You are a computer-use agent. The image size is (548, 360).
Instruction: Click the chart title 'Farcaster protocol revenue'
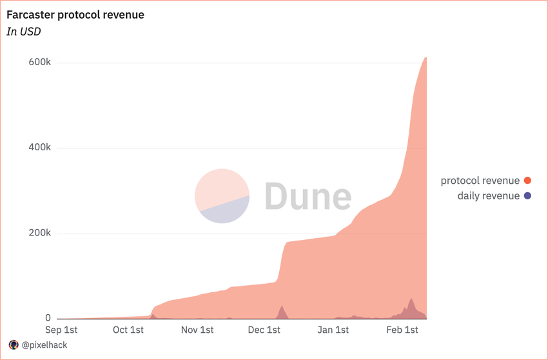(x=75, y=15)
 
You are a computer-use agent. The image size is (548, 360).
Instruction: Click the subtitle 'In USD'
(x=24, y=32)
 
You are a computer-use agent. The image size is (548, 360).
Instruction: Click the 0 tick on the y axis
(x=48, y=318)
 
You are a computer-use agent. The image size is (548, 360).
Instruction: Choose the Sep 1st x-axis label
(x=62, y=330)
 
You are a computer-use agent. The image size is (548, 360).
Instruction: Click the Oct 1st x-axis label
(x=128, y=330)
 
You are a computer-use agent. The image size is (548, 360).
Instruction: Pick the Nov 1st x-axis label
(x=197, y=330)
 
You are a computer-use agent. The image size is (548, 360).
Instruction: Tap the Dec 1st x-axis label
(x=264, y=330)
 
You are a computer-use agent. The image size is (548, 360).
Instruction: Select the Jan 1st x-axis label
(x=333, y=330)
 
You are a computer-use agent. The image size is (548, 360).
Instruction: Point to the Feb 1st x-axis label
(x=402, y=330)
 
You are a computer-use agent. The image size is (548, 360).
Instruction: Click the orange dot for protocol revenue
(x=527, y=181)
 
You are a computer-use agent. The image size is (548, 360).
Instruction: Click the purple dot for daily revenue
(x=527, y=196)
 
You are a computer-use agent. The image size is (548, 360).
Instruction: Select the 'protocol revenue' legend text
(x=480, y=181)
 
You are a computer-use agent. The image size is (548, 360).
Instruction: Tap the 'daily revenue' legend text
(x=489, y=196)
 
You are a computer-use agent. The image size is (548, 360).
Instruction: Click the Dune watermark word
(x=308, y=196)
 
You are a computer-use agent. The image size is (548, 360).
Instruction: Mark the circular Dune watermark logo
(x=222, y=196)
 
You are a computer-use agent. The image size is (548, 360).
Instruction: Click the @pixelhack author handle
(x=44, y=345)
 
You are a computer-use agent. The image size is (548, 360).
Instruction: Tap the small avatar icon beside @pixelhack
(x=14, y=345)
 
